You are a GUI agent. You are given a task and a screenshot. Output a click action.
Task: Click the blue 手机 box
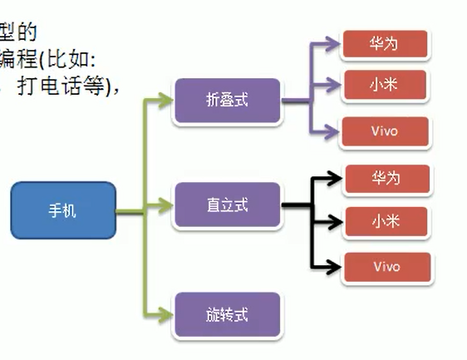click(62, 210)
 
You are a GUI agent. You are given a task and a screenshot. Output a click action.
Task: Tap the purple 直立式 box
click(227, 204)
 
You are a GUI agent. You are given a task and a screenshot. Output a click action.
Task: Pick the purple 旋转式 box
click(227, 315)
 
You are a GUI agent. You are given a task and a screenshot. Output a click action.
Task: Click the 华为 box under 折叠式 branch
click(385, 44)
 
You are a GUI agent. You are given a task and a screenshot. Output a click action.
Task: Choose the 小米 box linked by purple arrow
click(385, 84)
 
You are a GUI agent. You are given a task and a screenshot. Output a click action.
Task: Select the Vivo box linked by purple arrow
click(385, 131)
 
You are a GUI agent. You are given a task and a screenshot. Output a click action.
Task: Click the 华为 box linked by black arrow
click(386, 178)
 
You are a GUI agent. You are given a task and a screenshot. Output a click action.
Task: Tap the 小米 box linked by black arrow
click(386, 221)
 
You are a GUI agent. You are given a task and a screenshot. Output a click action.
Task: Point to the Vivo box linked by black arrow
click(386, 267)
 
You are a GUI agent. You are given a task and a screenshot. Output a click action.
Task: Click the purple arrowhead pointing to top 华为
click(334, 42)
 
